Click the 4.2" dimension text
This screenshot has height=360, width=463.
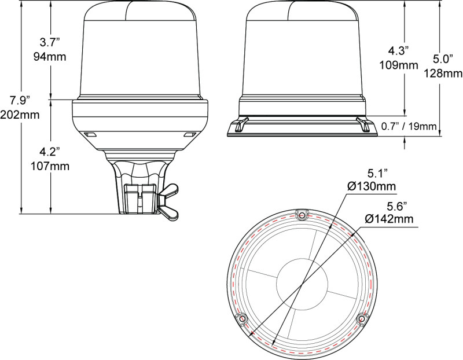click(51, 153)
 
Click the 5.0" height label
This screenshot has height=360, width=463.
click(441, 59)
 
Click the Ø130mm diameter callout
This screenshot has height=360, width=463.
click(371, 186)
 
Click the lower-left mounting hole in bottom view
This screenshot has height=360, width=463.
click(242, 318)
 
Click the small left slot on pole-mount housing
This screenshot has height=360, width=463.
click(89, 134)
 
